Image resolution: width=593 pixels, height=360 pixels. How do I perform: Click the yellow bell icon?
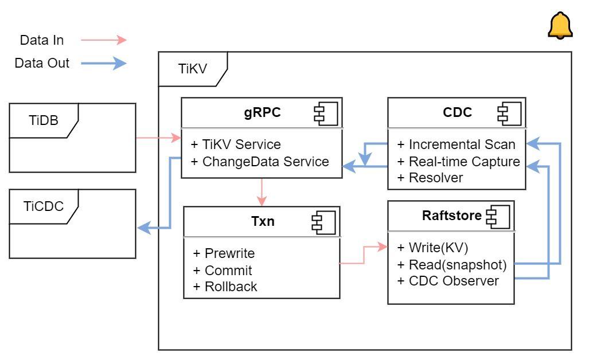[x=560, y=25]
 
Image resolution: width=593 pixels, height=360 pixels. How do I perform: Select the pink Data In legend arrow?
[x=103, y=40]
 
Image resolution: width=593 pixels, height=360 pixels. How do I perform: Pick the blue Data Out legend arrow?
[x=103, y=64]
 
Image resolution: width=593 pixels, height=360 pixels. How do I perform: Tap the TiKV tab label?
[x=192, y=69]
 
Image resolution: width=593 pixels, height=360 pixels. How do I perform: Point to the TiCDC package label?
[x=44, y=206]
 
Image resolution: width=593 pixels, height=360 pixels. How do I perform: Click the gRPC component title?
[x=262, y=112]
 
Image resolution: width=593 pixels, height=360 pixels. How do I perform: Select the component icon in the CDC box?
[x=509, y=112]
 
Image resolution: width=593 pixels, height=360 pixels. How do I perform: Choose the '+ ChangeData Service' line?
[x=260, y=162]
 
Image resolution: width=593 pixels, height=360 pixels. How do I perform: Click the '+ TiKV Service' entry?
[x=236, y=144]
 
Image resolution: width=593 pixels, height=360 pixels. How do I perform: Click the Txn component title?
[x=263, y=221]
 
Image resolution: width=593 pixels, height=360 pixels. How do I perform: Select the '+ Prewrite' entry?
[x=224, y=253]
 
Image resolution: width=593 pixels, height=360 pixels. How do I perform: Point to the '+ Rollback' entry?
[x=225, y=287]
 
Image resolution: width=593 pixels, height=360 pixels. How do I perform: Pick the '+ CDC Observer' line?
[x=448, y=281]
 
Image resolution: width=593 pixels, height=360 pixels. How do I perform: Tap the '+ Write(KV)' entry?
[x=432, y=248]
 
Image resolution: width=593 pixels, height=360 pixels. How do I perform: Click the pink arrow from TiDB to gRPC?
[x=158, y=138]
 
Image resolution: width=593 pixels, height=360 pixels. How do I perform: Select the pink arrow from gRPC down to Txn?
[x=262, y=192]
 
